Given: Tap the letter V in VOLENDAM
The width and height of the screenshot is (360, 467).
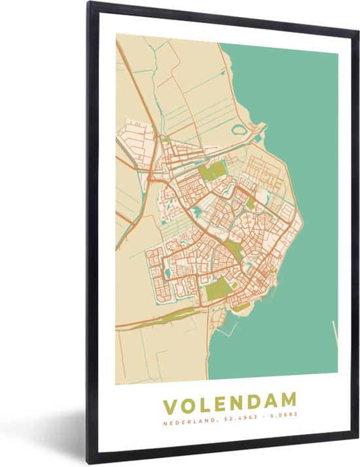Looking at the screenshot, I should [170, 400].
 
